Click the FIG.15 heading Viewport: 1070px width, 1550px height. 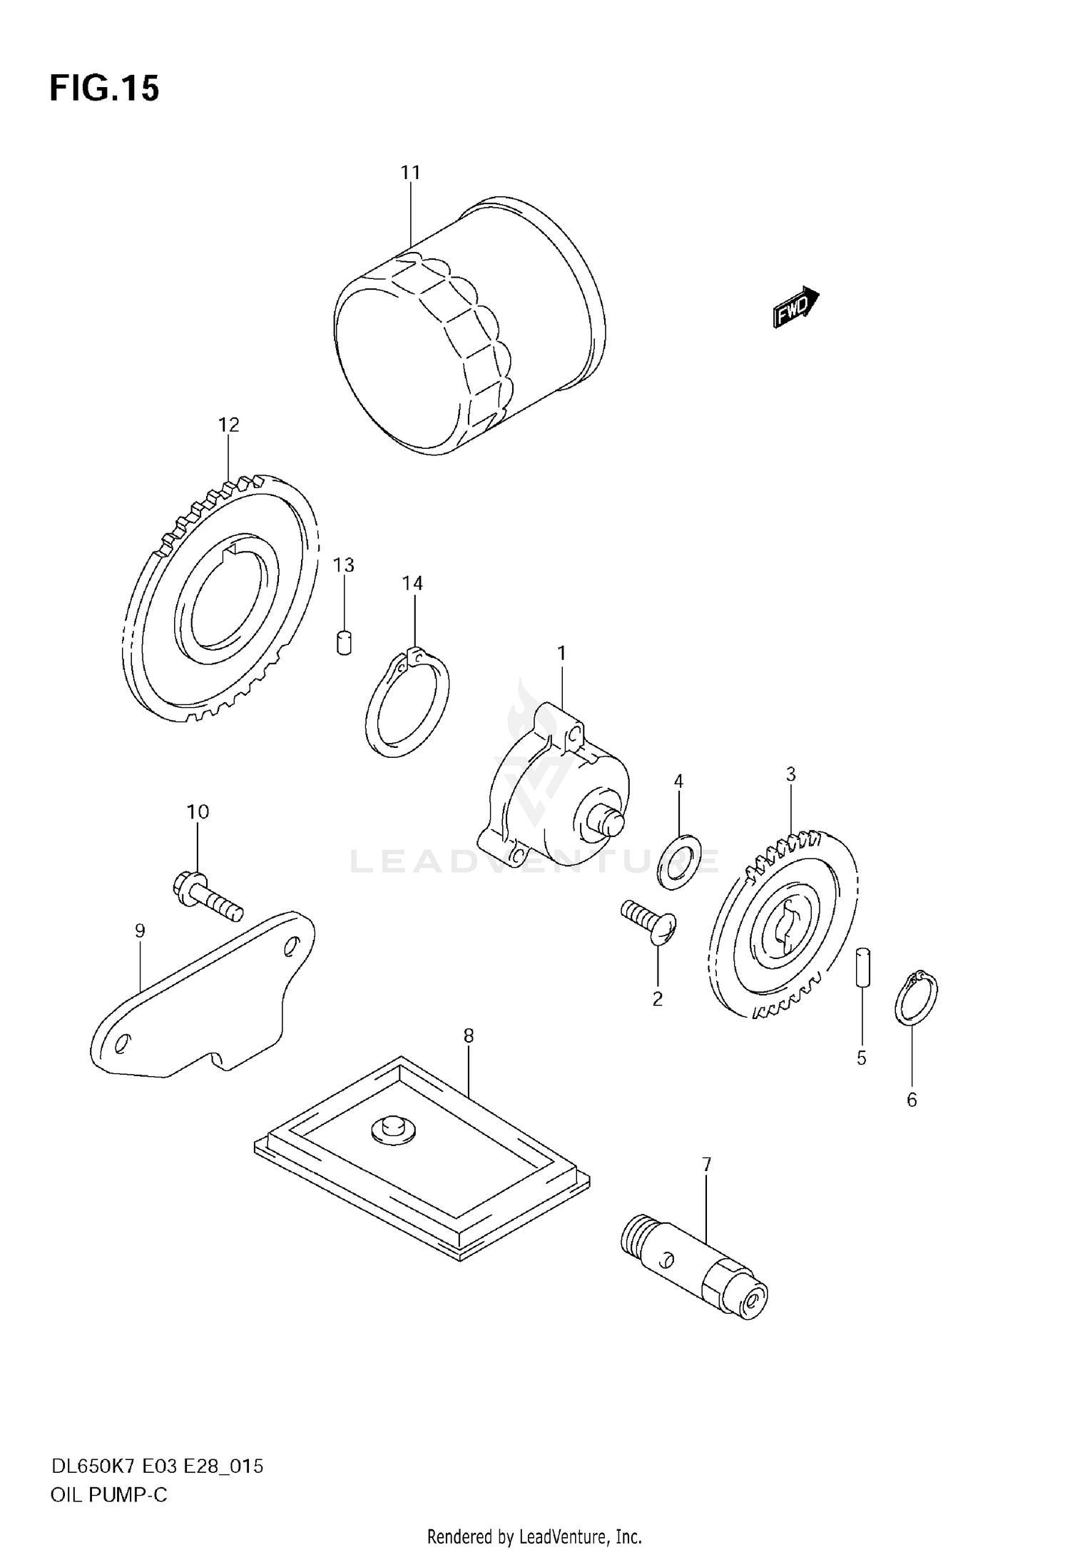pos(104,88)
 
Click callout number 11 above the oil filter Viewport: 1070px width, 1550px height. pos(410,173)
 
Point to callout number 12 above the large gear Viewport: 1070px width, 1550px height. pos(228,425)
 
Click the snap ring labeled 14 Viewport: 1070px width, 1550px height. pos(407,703)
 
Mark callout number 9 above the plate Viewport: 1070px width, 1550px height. pos(140,931)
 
